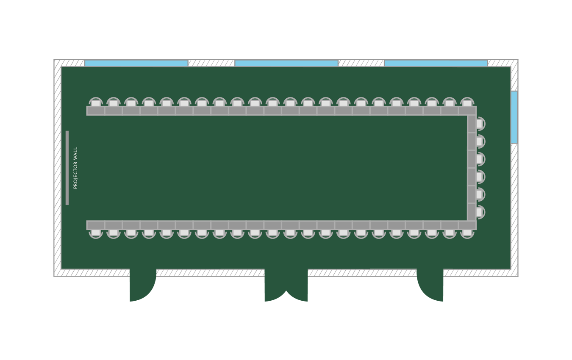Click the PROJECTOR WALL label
tap(75, 168)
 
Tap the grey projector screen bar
tap(67, 168)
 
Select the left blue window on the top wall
tap(136, 63)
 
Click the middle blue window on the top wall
tap(286, 63)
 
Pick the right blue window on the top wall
tap(436, 63)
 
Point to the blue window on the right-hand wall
tap(514, 117)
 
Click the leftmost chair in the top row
tap(96, 102)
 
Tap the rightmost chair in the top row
tap(467, 102)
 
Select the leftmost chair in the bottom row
tap(96, 233)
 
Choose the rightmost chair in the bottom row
tap(467, 233)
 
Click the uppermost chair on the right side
tap(480, 124)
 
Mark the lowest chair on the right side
tap(480, 212)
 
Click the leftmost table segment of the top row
tap(96, 111)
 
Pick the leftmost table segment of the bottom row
tap(96, 225)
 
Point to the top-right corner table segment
tap(467, 111)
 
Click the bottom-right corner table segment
tap(467, 225)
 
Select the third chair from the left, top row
tap(131, 102)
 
